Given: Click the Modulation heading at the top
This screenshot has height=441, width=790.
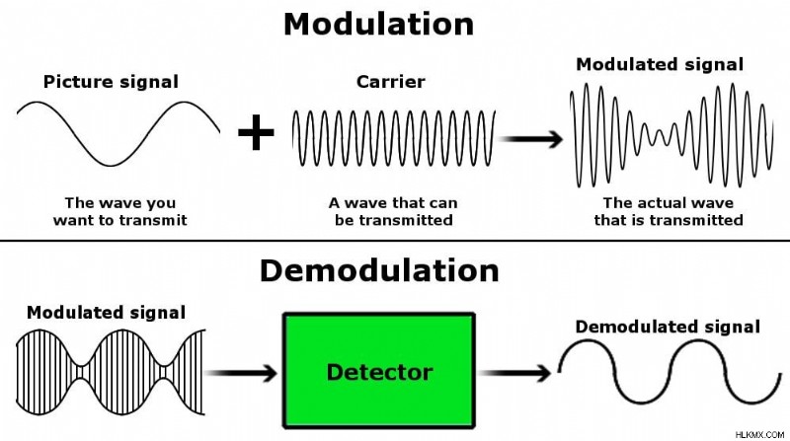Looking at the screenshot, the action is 378,24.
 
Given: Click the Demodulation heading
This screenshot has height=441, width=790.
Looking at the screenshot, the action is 379,270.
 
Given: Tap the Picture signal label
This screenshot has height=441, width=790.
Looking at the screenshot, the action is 111,82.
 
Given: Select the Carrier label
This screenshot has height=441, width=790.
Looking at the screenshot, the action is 390,82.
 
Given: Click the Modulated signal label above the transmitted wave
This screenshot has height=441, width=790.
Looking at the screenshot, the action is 660,64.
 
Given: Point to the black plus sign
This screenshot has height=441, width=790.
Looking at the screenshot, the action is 256,132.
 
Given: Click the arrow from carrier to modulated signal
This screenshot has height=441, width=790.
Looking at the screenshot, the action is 530,139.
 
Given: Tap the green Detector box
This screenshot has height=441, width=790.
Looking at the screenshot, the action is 379,371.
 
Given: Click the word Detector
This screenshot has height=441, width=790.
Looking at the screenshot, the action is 379,372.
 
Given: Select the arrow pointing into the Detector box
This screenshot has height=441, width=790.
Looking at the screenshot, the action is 241,373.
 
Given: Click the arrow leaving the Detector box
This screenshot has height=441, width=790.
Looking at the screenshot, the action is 513,373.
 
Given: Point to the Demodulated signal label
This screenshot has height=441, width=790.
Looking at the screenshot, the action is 668,327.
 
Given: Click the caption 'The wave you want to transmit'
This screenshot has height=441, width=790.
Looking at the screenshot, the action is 119,211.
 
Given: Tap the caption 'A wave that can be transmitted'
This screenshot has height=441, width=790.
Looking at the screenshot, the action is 393,211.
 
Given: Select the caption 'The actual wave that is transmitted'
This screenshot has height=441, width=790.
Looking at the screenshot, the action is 669,211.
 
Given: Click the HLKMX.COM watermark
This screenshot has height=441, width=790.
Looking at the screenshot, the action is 759,434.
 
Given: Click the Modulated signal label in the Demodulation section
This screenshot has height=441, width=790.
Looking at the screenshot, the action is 106,313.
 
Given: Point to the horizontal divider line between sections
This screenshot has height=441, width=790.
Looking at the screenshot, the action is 395,241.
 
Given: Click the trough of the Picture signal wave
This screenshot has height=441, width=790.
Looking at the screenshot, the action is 111,165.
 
